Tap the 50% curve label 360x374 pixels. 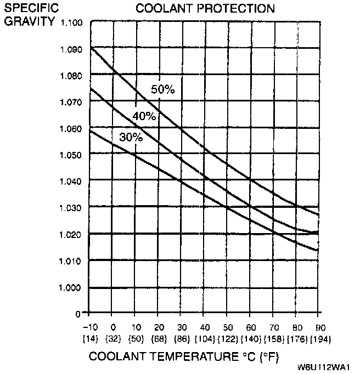pos(163,90)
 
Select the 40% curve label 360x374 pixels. pos(144,116)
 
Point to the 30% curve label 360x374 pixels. pos(131,138)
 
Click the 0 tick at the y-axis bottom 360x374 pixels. pos(78,314)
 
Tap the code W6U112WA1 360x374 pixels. pos(325,367)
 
